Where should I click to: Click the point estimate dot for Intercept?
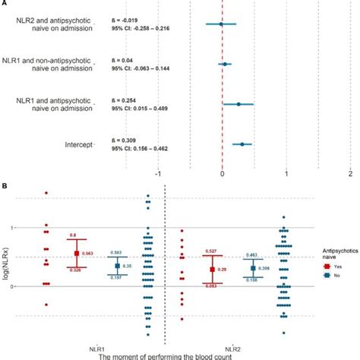pos(242,144)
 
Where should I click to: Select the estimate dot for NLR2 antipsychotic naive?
pos(221,24)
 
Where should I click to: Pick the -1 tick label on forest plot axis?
pos(158,172)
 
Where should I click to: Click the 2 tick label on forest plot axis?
pos(350,172)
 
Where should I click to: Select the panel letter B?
pos(5,185)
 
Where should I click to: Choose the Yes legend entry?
pos(324,267)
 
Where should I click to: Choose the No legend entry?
pos(324,277)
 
